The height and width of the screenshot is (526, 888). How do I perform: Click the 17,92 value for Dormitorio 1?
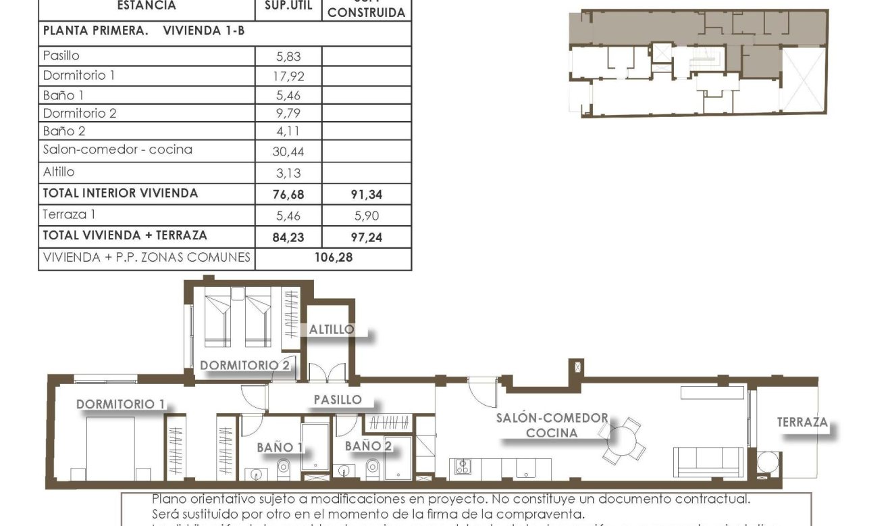click(x=288, y=76)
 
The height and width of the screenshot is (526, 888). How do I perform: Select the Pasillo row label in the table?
click(x=61, y=56)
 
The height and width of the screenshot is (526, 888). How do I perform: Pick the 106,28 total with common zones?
click(x=334, y=258)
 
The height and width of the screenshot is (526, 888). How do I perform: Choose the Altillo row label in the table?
click(x=59, y=172)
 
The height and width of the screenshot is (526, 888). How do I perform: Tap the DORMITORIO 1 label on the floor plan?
click(x=120, y=404)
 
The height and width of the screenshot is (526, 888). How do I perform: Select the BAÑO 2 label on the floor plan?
click(x=368, y=446)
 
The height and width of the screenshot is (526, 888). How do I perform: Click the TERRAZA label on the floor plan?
click(x=802, y=422)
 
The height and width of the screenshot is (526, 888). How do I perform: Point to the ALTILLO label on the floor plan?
click(x=331, y=330)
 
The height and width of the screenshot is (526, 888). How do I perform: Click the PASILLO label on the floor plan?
click(x=338, y=400)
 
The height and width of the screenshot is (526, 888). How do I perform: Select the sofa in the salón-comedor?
click(x=708, y=462)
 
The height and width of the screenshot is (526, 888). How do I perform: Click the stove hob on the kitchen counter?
click(x=463, y=467)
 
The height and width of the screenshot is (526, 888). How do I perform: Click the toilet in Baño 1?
click(x=284, y=467)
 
